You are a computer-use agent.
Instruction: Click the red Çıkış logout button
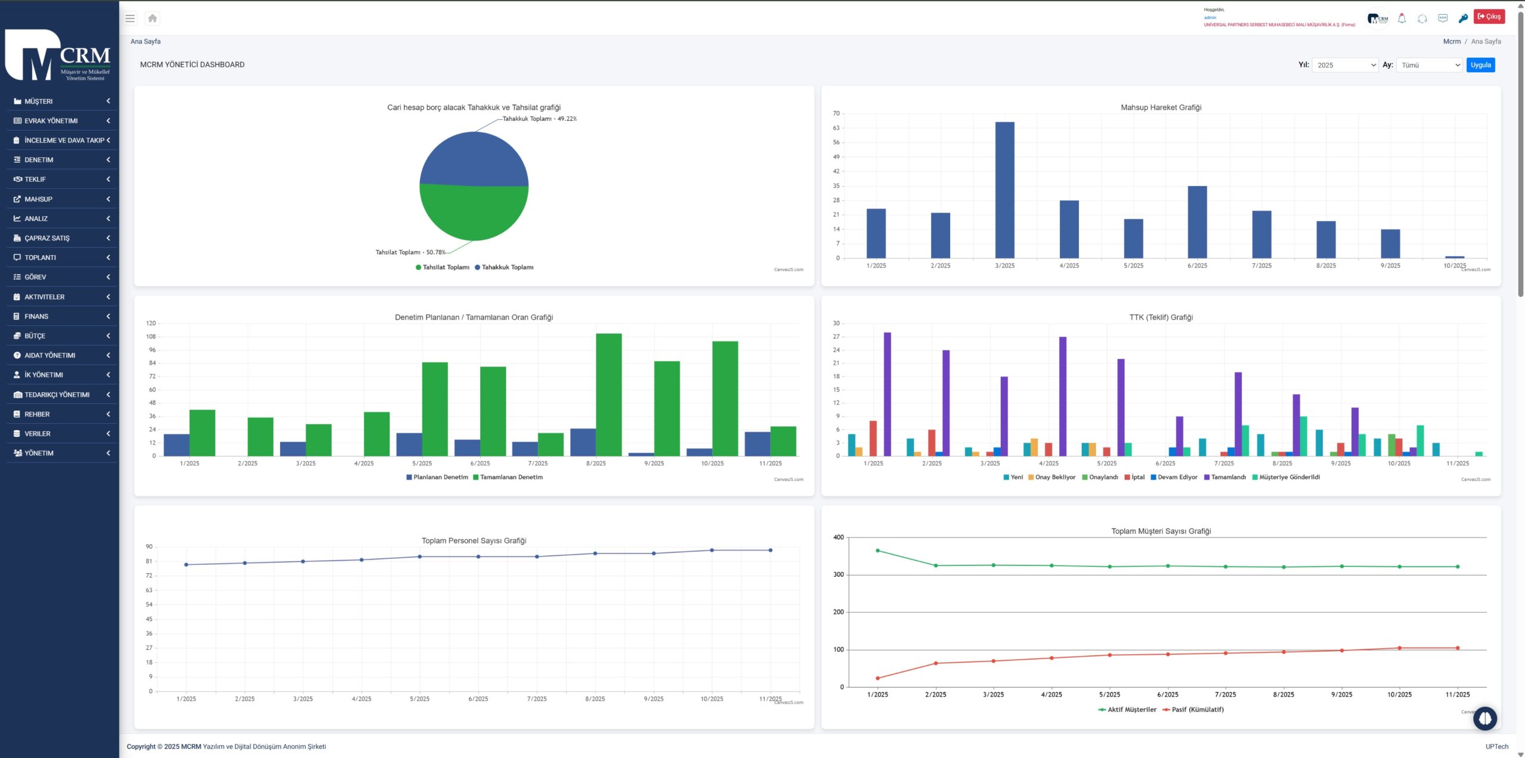[1489, 17]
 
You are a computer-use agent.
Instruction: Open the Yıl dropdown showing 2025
[1345, 65]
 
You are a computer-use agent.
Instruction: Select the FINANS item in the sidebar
[36, 316]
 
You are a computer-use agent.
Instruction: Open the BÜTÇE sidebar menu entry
[35, 336]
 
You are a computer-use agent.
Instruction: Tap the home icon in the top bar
[152, 18]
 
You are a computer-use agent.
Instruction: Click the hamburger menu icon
[130, 18]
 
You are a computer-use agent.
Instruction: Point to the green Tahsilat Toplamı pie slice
[474, 215]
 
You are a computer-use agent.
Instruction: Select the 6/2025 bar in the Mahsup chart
[1197, 222]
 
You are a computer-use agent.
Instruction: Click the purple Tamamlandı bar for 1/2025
[887, 394]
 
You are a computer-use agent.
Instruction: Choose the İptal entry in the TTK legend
[1134, 477]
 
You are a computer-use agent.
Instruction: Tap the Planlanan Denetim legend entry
[437, 477]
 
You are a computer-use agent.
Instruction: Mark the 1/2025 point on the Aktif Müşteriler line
[877, 551]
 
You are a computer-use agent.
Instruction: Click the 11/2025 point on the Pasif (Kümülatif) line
[1457, 648]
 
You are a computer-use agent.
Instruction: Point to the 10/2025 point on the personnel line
[712, 550]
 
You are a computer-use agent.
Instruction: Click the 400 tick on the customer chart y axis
[838, 538]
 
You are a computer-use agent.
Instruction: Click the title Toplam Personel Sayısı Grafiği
[474, 540]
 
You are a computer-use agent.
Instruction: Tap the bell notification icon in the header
[1402, 18]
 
